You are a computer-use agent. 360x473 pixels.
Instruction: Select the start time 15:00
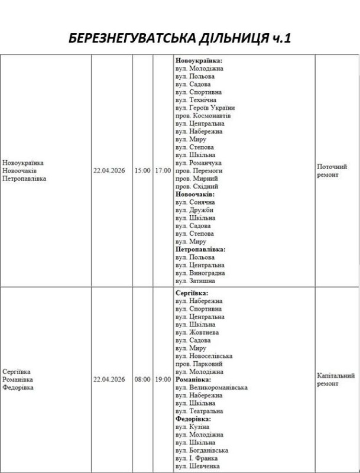pos(142,170)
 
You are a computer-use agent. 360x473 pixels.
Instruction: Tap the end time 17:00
pos(163,170)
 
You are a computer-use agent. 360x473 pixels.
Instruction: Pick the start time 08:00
pos(142,379)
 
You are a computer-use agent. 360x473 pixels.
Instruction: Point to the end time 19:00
pos(163,379)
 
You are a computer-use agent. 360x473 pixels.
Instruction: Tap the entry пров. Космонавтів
pos(203,116)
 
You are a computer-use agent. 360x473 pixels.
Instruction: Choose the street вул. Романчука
pos(199,163)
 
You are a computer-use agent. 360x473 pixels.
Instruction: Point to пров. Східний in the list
pos(197,186)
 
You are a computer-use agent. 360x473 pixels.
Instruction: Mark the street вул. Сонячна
pos(195,202)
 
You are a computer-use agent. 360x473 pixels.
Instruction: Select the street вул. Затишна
pos(195,281)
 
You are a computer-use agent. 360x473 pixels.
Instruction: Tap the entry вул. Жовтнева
pos(197,332)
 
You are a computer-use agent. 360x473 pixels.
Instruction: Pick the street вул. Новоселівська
pos(204,356)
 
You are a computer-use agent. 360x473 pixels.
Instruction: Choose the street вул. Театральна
pos(199,411)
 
